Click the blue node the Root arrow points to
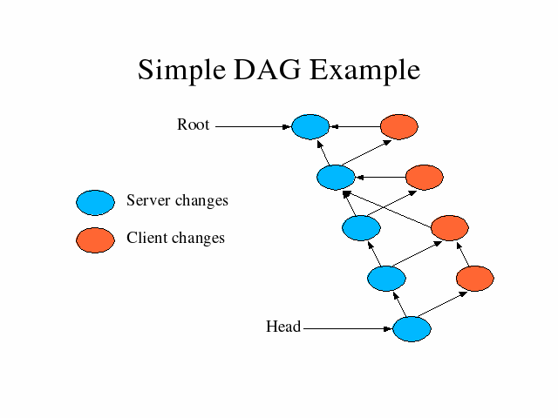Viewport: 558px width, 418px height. [310, 126]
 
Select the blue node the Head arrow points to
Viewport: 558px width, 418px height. [412, 329]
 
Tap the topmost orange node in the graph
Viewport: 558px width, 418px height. [399, 126]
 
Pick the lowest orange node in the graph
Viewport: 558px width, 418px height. [475, 279]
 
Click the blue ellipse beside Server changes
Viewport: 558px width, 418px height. [95, 203]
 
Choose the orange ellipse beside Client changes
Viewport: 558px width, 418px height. [95, 240]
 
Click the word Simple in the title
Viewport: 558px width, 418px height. [181, 71]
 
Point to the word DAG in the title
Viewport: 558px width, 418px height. [268, 70]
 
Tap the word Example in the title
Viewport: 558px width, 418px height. [365, 71]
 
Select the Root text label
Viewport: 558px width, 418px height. [194, 125]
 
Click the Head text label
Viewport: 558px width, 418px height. [283, 327]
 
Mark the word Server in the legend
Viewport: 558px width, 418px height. [148, 200]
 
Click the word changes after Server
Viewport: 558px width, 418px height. [201, 201]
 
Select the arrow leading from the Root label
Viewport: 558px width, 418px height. [254, 126]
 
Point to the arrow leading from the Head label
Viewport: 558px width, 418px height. [348, 329]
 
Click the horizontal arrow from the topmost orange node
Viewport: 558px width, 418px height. [355, 126]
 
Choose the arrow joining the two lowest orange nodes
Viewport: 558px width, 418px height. [463, 254]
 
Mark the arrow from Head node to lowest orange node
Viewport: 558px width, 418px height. [442, 304]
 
